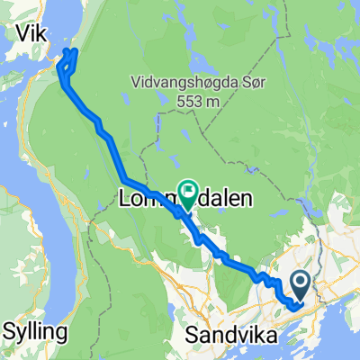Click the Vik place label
pos(33,33)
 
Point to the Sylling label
pos(35,330)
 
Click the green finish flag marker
pos(188,191)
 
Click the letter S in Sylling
pos(9,330)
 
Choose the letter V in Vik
pos(22,33)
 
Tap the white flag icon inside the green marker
pos(188,189)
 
